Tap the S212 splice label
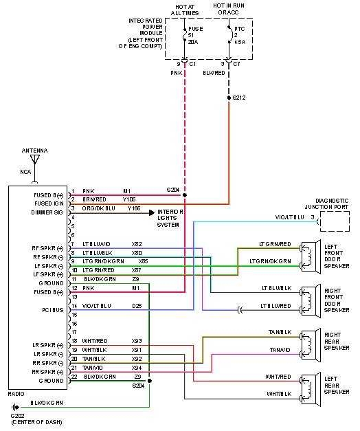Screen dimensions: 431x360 (239, 98)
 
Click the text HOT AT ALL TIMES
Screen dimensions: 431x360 (184, 10)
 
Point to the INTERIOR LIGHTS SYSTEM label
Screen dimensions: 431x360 (172, 217)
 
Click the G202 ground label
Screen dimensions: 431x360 (17, 416)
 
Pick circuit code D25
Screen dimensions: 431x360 (137, 305)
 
